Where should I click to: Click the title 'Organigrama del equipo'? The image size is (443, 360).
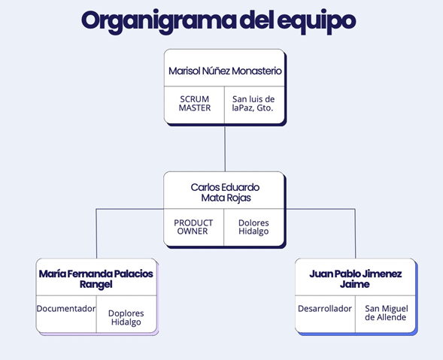pyautogui.click(x=217, y=20)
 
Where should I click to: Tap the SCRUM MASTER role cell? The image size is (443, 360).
pyautogui.click(x=195, y=104)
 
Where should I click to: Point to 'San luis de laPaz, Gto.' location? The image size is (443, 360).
pyautogui.click(x=253, y=104)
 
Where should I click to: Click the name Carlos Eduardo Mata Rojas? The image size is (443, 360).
pyautogui.click(x=225, y=192)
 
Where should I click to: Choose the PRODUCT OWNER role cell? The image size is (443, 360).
pyautogui.click(x=193, y=227)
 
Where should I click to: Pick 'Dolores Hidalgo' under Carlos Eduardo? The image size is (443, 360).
pyautogui.click(x=253, y=228)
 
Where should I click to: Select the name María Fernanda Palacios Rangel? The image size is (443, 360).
pyautogui.click(x=96, y=279)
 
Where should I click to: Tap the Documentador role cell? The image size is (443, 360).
pyautogui.click(x=66, y=309)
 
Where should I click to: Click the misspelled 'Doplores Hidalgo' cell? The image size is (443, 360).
pyautogui.click(x=126, y=317)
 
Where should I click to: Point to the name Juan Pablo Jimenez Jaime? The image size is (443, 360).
pyautogui.click(x=355, y=279)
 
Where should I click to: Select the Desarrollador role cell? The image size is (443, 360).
pyautogui.click(x=325, y=309)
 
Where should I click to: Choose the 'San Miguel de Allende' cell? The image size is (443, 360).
pyautogui.click(x=385, y=313)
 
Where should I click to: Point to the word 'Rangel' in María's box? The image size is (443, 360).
pyautogui.click(x=96, y=285)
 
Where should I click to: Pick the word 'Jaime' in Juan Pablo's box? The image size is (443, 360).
pyautogui.click(x=355, y=285)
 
